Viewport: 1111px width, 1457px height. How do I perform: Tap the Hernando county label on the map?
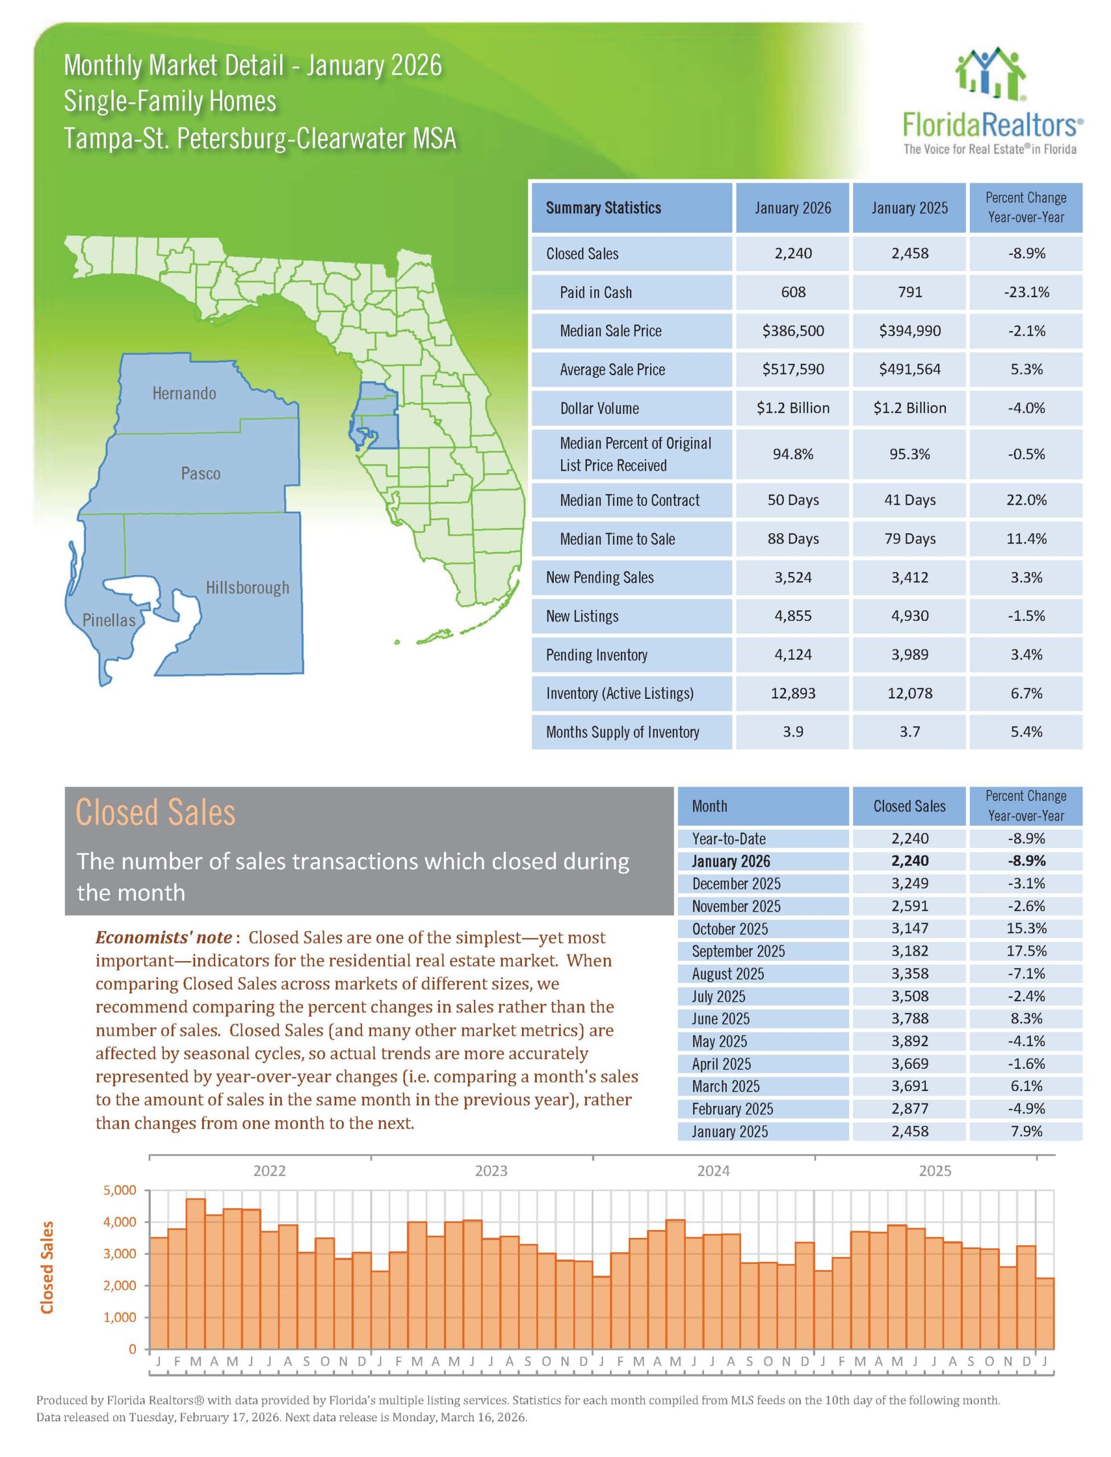[184, 393]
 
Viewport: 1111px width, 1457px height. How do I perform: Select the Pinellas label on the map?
[109, 620]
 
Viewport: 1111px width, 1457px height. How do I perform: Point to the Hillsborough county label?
[248, 587]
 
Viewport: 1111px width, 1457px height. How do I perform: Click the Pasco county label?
[200, 474]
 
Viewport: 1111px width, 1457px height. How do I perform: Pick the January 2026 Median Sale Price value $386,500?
[792, 331]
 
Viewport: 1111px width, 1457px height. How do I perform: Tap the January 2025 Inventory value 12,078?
[910, 693]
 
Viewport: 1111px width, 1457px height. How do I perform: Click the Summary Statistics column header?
[603, 208]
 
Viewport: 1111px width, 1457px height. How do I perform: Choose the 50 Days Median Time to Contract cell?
[792, 500]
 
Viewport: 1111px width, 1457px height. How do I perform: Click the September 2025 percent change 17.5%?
[1026, 951]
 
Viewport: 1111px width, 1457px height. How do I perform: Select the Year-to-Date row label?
[728, 838]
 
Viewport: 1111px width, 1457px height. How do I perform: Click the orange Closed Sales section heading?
[155, 813]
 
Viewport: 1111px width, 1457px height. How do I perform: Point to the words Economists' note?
[163, 937]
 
